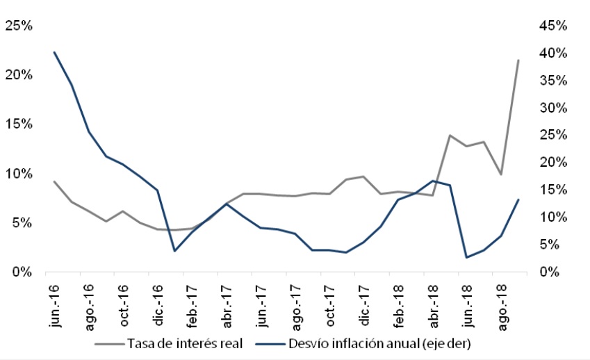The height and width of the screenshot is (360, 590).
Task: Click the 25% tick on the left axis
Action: [19, 26]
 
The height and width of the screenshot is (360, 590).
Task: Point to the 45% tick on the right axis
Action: [553, 26]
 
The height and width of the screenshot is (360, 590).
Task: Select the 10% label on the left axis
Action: [19, 174]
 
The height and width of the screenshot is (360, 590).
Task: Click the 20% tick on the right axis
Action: [553, 163]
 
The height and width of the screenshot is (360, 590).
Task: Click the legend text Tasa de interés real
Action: [184, 343]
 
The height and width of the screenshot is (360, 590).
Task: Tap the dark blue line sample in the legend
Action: [270, 343]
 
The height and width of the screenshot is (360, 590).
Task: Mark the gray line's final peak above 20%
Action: [518, 60]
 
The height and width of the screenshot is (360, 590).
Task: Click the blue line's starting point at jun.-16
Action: [54, 52]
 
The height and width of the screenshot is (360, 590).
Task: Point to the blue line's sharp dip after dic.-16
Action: [174, 251]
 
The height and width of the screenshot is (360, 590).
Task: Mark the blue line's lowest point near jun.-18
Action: [467, 258]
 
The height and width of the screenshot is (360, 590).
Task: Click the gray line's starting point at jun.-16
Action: [54, 181]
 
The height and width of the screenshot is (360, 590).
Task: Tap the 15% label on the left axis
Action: [19, 124]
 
